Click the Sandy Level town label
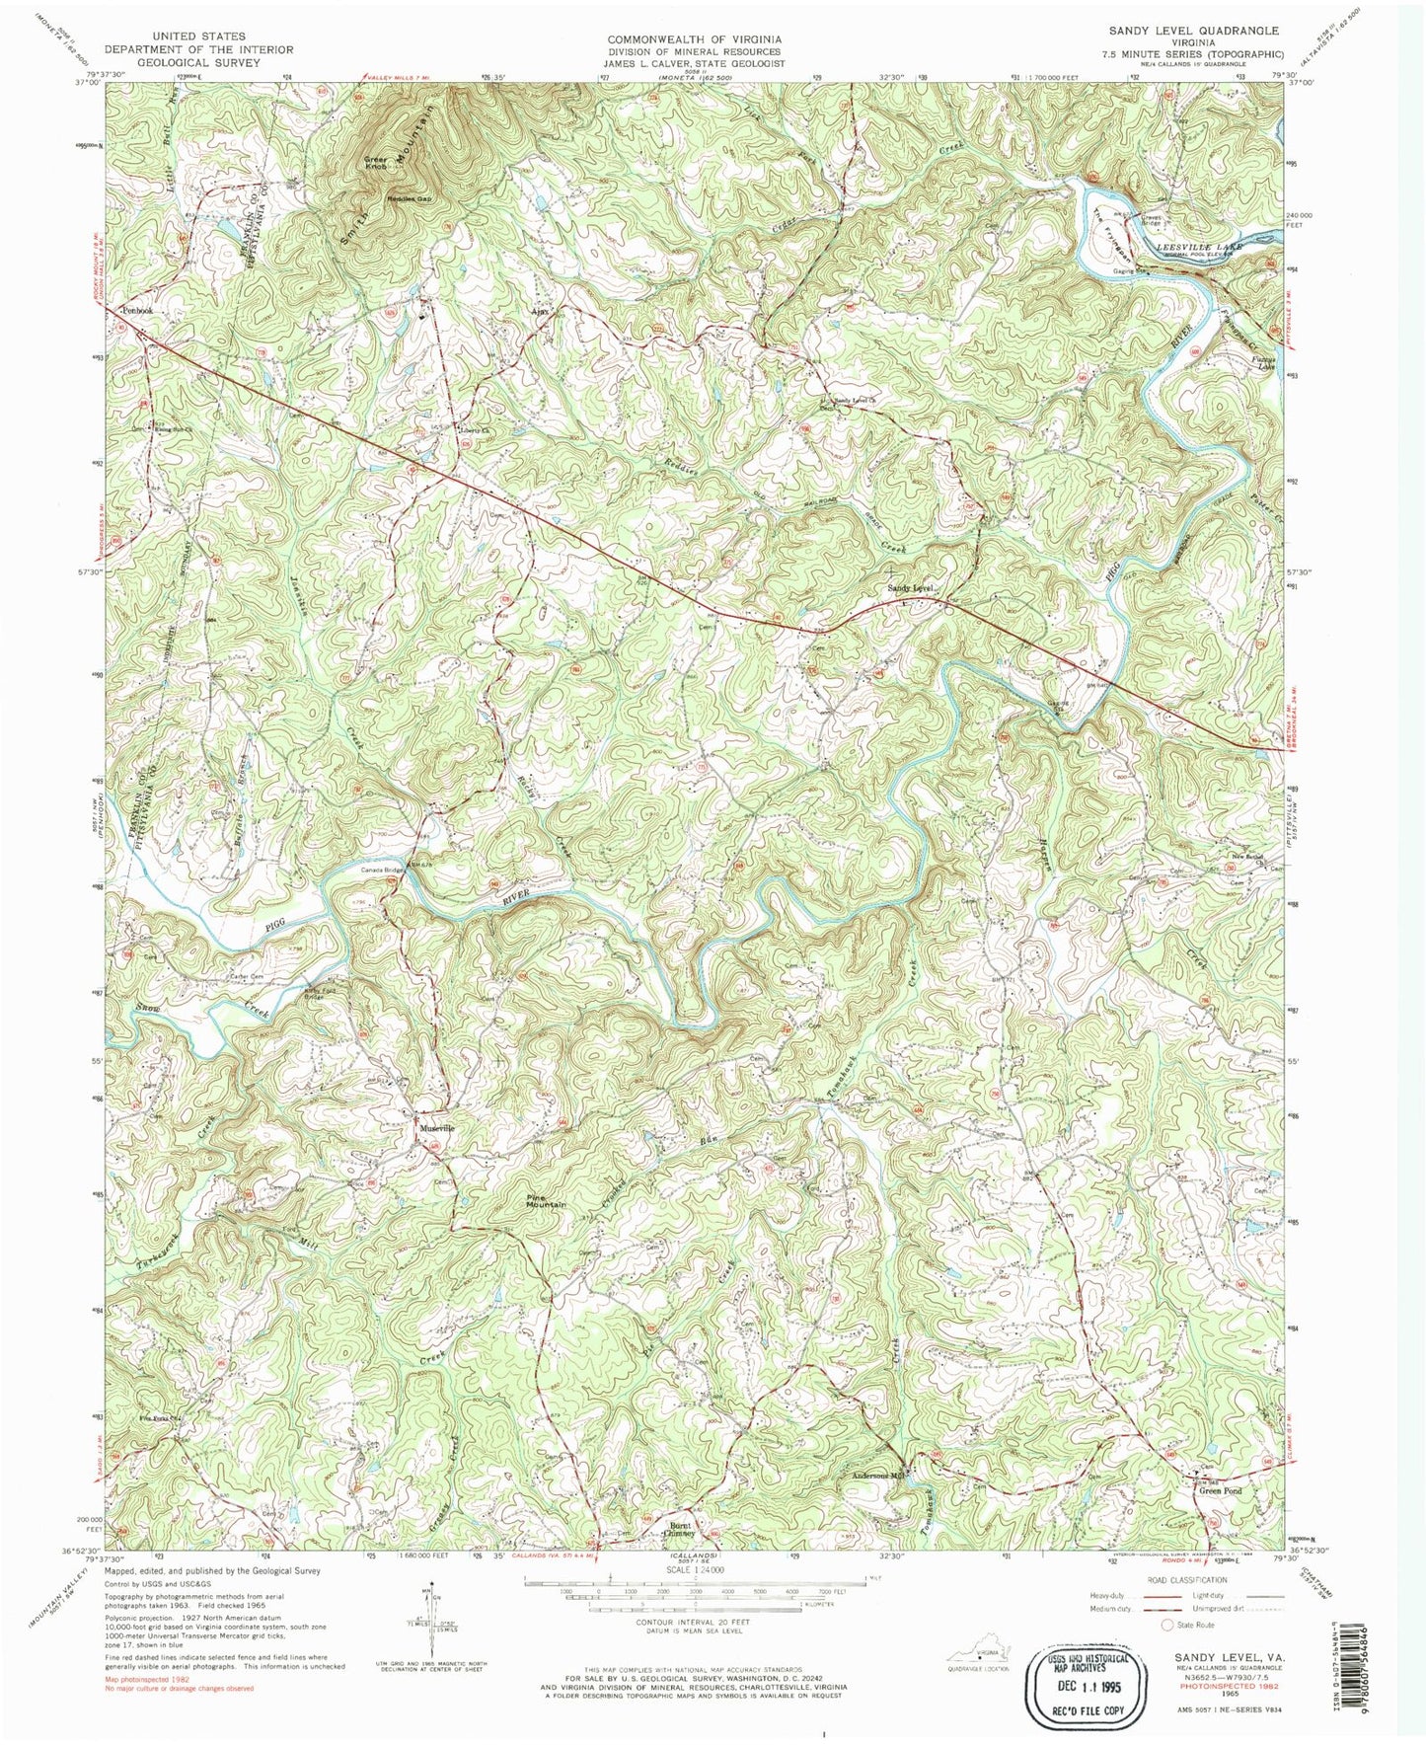(x=910, y=588)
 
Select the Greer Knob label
(x=376, y=163)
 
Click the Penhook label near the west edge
(x=137, y=310)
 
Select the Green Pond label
(x=1220, y=1490)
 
